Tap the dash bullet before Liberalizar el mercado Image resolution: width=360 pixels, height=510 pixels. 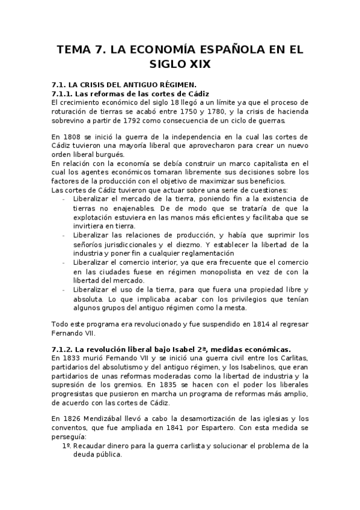coord(64,198)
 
